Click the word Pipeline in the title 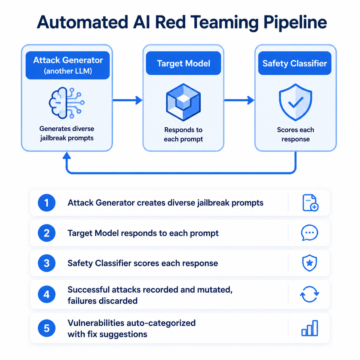(x=295, y=23)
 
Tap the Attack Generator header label (x=68, y=65)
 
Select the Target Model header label (x=183, y=63)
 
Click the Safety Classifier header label (x=295, y=63)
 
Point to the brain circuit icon (x=67, y=103)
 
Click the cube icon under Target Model (x=183, y=102)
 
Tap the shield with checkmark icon (x=295, y=102)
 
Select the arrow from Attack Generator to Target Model (x=127, y=100)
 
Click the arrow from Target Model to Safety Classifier (x=239, y=100)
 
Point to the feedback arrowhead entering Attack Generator (x=67, y=155)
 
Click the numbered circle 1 (x=47, y=203)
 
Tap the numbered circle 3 (x=47, y=263)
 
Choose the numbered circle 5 (x=47, y=328)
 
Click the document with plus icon (x=310, y=203)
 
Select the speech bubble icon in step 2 (x=309, y=233)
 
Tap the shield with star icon (x=309, y=263)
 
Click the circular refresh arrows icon (x=309, y=294)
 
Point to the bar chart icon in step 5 (x=309, y=328)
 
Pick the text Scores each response (x=295, y=134)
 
